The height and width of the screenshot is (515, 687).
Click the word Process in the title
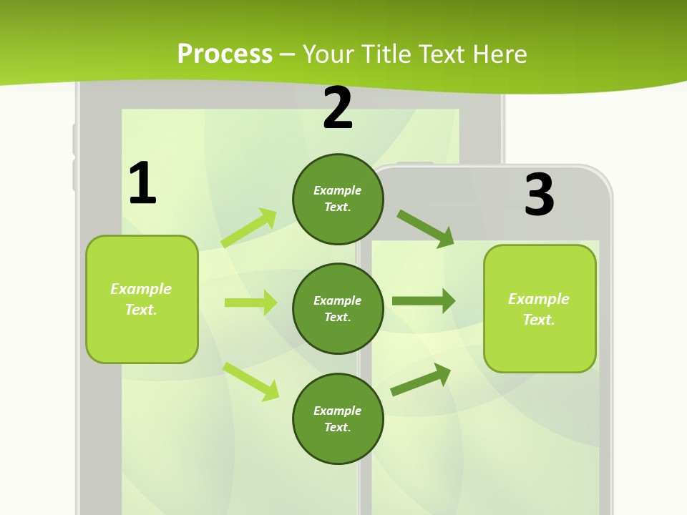(225, 54)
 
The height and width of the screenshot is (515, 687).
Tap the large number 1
(142, 183)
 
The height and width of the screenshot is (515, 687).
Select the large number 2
(338, 108)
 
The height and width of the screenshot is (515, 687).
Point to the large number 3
(539, 195)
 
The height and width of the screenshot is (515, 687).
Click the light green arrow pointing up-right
(249, 228)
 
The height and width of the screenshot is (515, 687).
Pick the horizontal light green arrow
(250, 303)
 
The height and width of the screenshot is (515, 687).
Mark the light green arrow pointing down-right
(250, 381)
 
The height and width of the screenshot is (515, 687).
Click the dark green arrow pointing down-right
(425, 228)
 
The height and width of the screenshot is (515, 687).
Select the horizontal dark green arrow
(423, 301)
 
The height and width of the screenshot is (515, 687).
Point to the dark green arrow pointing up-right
(421, 379)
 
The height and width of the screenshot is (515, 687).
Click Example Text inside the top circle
(338, 199)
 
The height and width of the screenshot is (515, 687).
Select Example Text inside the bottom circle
(338, 419)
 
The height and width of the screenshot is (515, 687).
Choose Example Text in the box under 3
(539, 309)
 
